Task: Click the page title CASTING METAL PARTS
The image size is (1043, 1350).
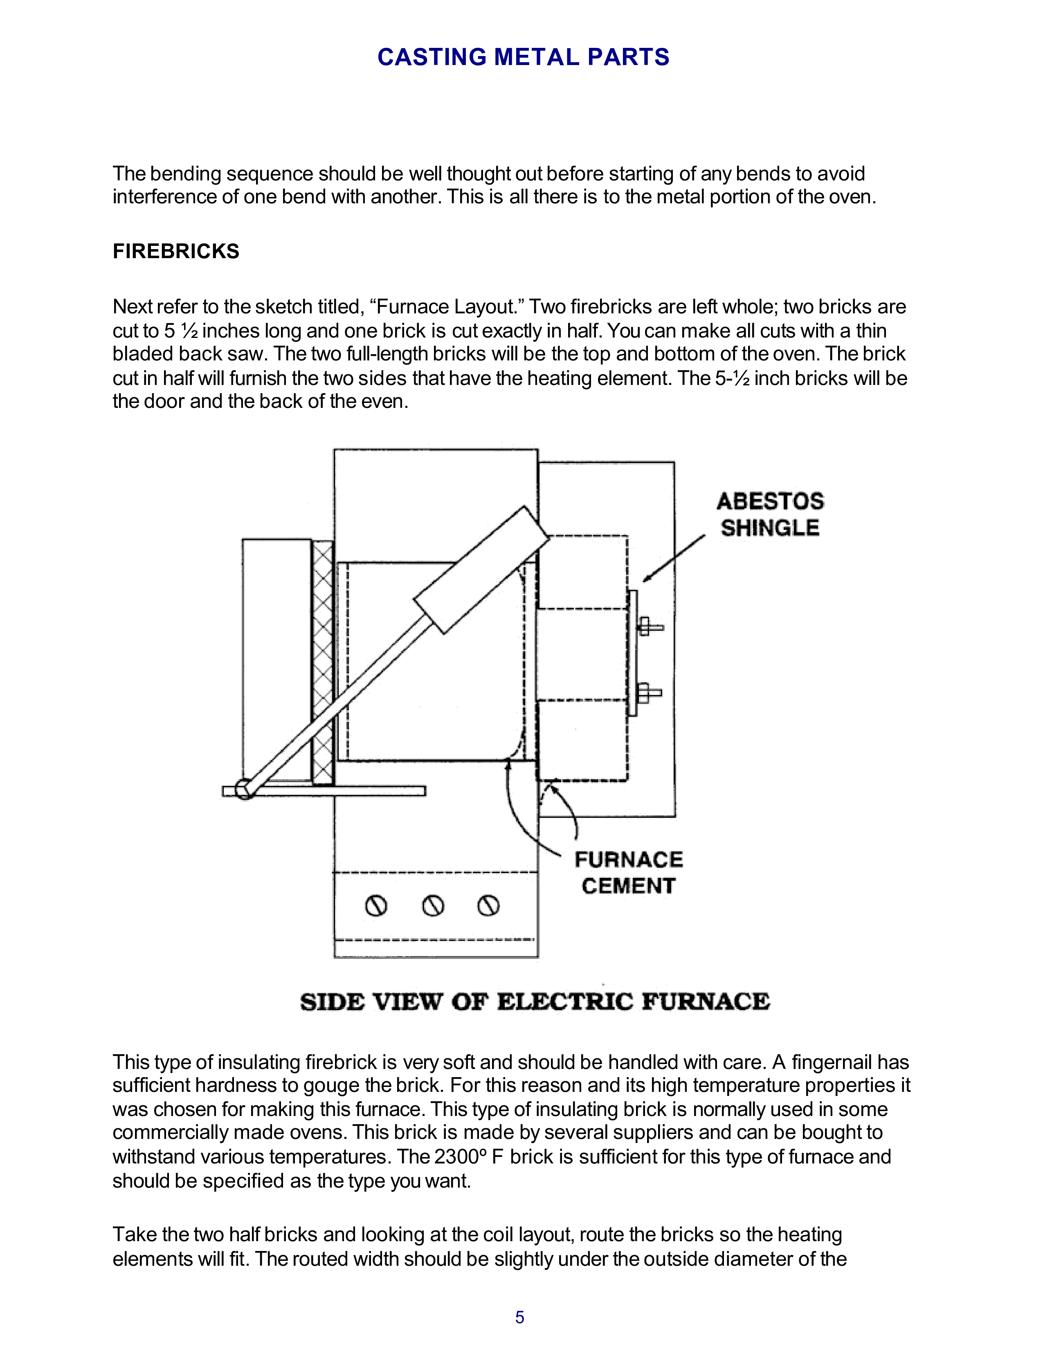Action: (x=523, y=57)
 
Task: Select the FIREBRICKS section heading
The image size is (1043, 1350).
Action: (x=175, y=251)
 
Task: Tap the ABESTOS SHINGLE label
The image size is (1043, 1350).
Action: (x=770, y=514)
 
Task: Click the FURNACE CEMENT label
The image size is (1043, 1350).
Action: (x=628, y=872)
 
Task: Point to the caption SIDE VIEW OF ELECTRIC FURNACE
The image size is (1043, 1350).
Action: (x=535, y=1001)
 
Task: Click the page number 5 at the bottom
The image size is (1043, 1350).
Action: (x=519, y=1317)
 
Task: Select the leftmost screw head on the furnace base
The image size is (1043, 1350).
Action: (x=376, y=906)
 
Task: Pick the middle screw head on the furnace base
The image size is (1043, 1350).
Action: (x=432, y=906)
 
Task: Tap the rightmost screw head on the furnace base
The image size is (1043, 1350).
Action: (x=488, y=906)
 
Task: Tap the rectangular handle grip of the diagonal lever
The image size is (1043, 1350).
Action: (x=481, y=570)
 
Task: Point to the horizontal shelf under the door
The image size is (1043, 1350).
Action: (x=334, y=791)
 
